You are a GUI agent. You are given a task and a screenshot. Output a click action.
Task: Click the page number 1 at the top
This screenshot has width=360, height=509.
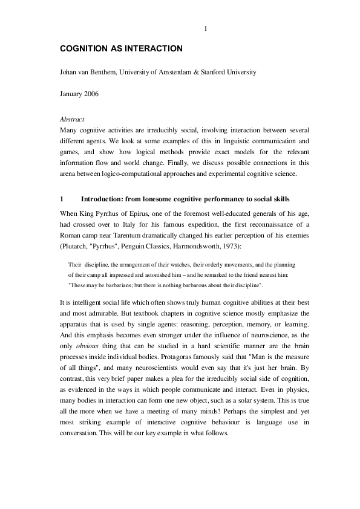pyautogui.click(x=206, y=28)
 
